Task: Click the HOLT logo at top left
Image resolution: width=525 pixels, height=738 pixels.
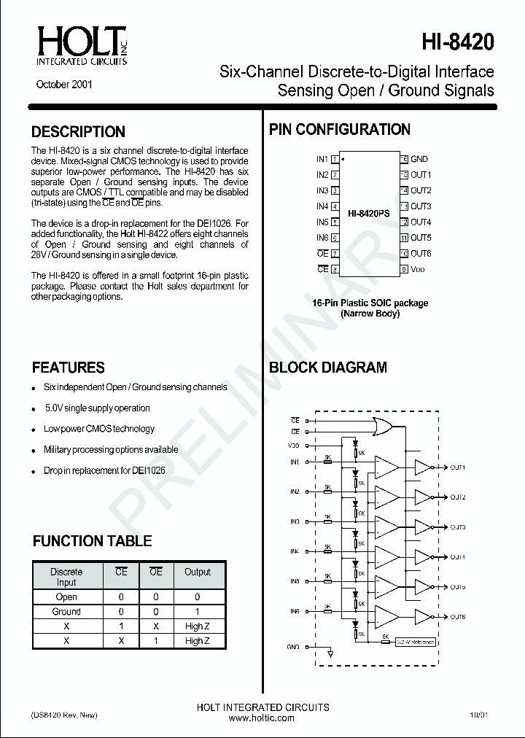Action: point(79,45)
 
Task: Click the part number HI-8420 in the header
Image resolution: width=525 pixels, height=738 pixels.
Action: point(457,42)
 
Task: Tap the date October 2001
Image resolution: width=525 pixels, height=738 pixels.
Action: point(64,85)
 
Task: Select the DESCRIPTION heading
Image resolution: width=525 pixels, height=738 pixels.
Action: point(78,132)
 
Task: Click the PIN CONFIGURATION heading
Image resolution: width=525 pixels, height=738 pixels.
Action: point(340,130)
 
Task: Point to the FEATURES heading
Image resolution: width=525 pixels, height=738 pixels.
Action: point(69,368)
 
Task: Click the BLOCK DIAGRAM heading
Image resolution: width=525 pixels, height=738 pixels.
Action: point(328,368)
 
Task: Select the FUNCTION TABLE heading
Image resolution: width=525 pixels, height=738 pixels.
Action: point(92,541)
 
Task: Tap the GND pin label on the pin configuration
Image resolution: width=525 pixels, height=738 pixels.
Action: point(419,159)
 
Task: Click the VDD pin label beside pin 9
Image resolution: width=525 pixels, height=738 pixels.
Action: point(418,269)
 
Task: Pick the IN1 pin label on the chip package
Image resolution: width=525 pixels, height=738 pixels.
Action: point(322,159)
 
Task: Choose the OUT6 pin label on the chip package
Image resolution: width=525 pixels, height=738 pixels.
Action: point(421,253)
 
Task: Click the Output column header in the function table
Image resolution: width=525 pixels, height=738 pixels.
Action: point(197,572)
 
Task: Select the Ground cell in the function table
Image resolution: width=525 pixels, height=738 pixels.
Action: point(66,612)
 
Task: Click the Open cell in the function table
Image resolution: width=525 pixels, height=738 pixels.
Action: point(66,597)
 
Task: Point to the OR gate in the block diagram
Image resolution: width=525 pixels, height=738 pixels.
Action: point(382,426)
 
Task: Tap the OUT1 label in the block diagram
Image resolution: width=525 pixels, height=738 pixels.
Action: point(457,467)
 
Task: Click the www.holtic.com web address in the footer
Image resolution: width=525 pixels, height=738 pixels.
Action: point(262,718)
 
